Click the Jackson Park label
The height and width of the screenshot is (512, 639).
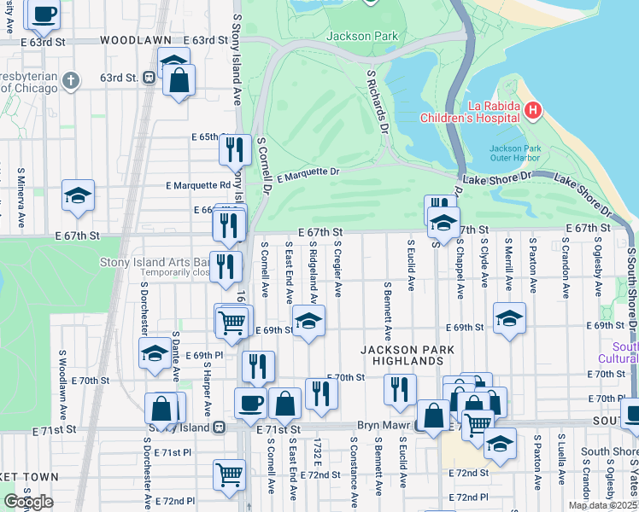click(362, 37)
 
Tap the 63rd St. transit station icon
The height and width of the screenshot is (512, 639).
click(149, 78)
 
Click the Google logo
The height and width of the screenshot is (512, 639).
click(28, 502)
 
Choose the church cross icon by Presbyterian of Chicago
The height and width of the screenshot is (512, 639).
click(70, 81)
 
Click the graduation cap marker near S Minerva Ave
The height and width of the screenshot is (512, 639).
click(78, 196)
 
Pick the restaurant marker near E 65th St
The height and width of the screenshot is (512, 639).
click(234, 149)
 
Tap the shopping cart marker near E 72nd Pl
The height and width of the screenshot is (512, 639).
click(229, 474)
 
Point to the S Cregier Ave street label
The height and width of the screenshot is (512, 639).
click(338, 268)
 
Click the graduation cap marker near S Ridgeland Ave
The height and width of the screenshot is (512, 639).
click(309, 322)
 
